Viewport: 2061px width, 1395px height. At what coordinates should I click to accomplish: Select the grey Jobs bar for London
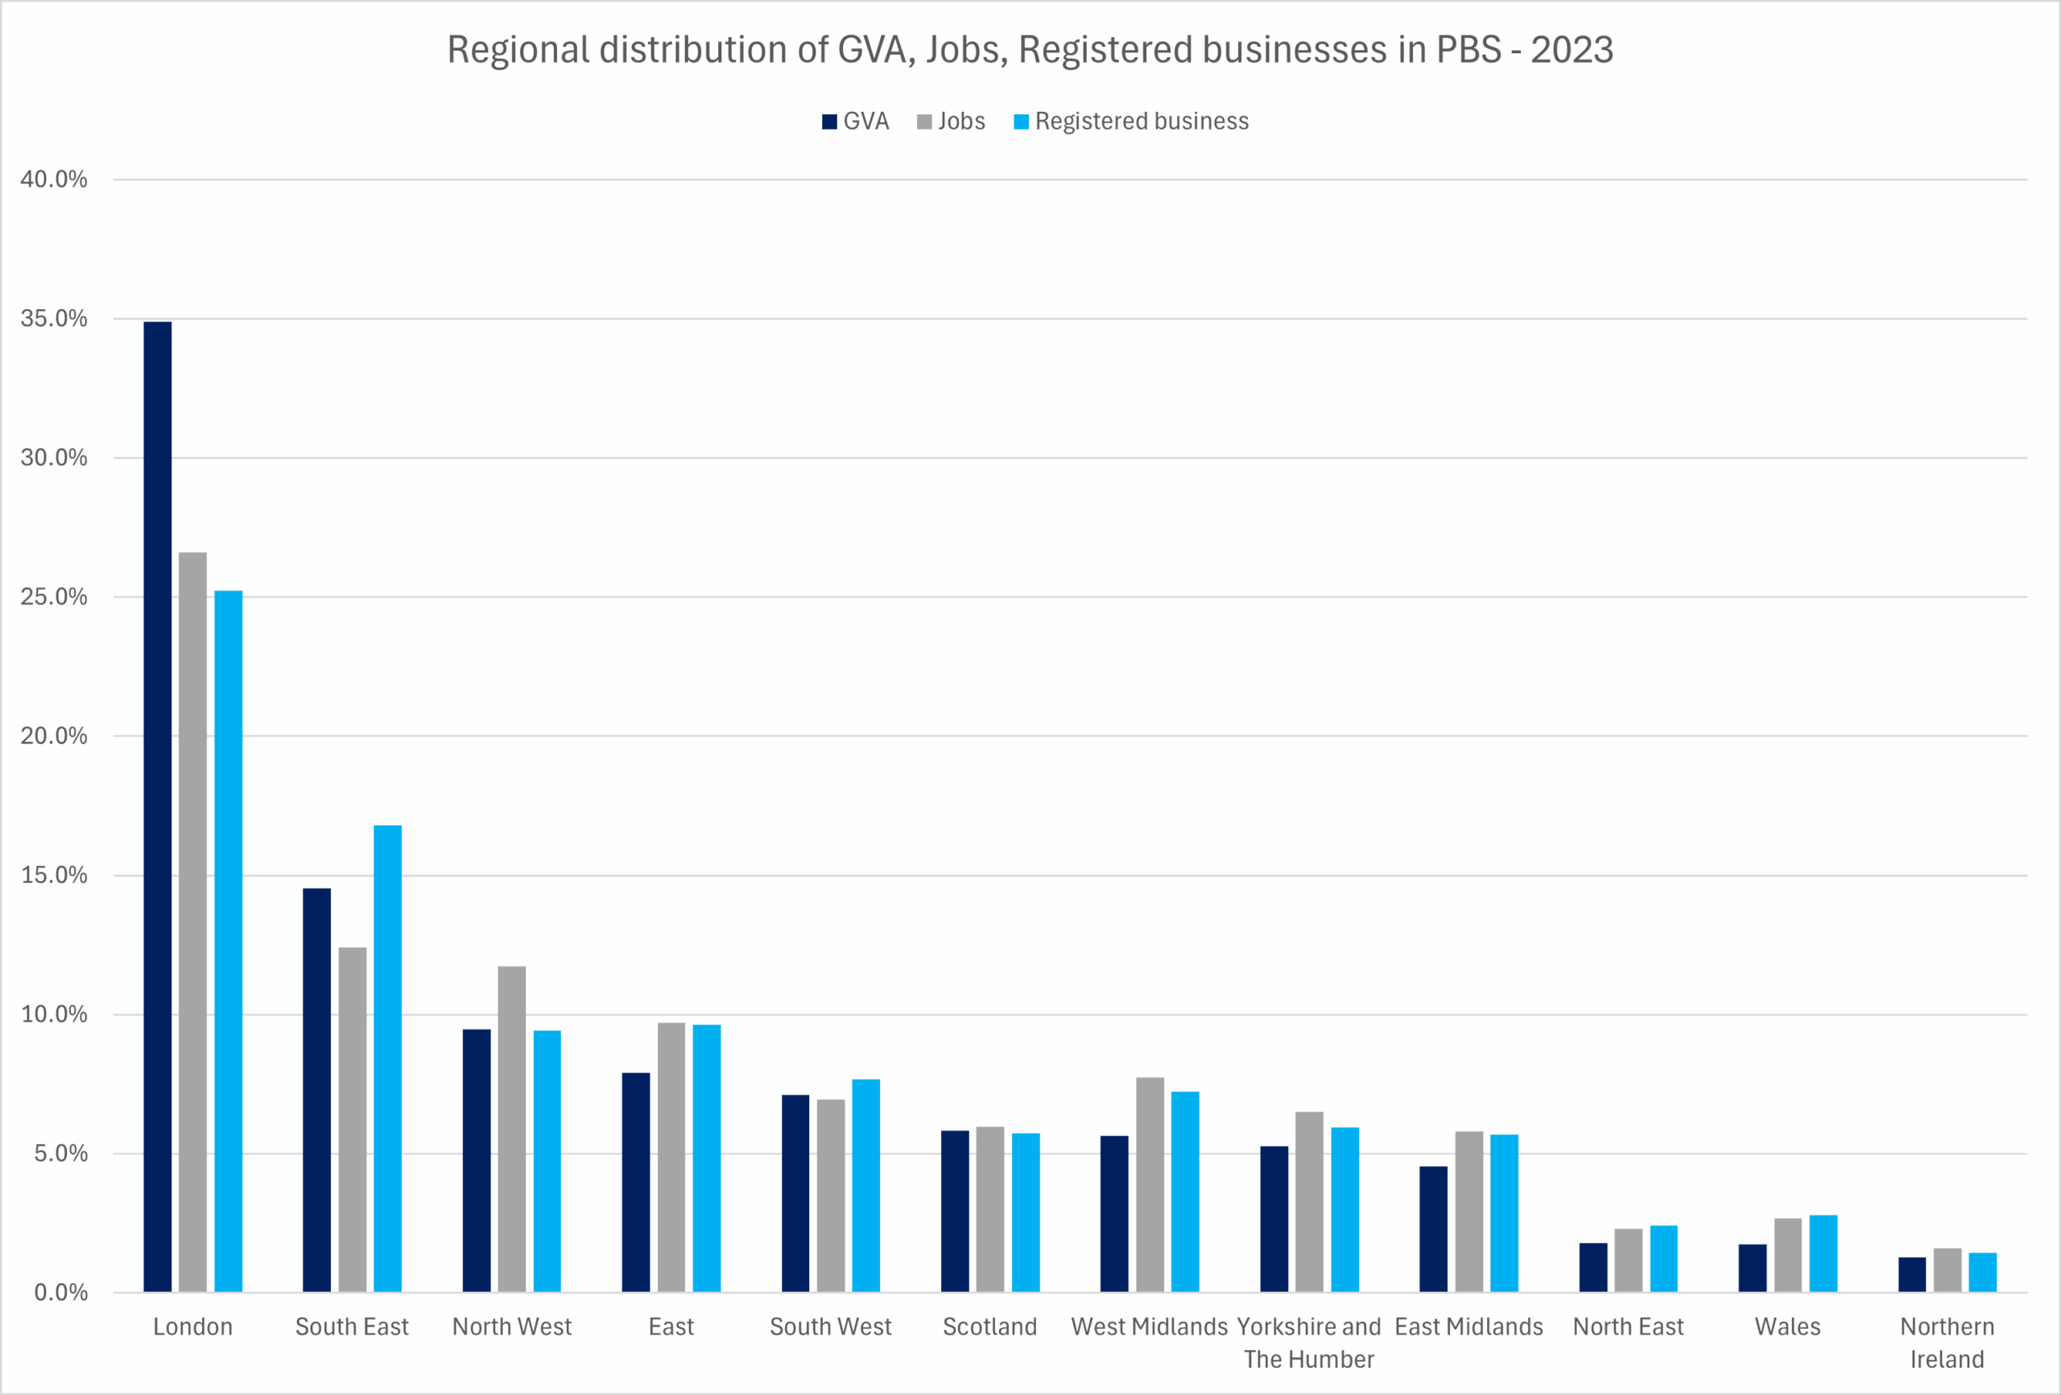(x=192, y=922)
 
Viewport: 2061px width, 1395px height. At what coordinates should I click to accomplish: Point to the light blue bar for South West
(x=865, y=1186)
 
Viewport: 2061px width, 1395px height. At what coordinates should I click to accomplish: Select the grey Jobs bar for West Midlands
(x=1150, y=1185)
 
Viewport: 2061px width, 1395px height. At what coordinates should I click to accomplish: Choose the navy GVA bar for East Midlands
(x=1433, y=1229)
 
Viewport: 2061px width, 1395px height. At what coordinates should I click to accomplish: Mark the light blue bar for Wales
(x=1824, y=1253)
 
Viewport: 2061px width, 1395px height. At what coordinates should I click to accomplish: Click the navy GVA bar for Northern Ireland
(x=1912, y=1274)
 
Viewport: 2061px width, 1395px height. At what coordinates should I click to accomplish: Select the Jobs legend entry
(x=951, y=122)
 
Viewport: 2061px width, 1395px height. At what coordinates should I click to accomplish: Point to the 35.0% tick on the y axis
(x=54, y=319)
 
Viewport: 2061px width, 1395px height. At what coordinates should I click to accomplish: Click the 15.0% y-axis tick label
(x=54, y=875)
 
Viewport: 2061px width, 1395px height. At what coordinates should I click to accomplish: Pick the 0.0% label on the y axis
(x=60, y=1292)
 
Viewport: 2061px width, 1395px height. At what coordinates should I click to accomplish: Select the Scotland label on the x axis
(x=989, y=1327)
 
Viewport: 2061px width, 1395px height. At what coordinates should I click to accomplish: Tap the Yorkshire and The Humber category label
(x=1309, y=1343)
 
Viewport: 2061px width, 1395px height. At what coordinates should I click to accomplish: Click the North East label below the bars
(x=1628, y=1327)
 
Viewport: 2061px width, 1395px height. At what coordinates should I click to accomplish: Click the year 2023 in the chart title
(x=1572, y=50)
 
